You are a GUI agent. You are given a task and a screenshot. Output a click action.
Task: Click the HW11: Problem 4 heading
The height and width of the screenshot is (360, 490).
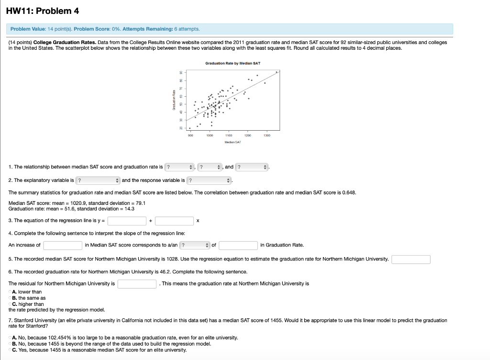[40, 11]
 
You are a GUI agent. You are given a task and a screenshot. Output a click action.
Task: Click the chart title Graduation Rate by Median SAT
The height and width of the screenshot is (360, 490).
[233, 63]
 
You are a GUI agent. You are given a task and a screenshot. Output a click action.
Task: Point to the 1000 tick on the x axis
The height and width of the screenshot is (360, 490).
[210, 135]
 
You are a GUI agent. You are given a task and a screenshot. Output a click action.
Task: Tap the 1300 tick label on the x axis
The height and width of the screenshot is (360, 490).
[267, 135]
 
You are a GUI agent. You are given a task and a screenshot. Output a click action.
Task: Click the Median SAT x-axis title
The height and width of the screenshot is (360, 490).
[233, 142]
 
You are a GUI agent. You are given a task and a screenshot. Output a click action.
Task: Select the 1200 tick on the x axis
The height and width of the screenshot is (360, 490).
[248, 135]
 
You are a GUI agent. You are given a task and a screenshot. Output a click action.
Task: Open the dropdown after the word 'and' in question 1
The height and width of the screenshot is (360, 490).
[252, 167]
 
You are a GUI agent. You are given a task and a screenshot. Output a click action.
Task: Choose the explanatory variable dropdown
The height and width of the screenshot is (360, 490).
[98, 180]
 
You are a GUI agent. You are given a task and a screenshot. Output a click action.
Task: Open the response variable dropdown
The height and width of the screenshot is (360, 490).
[209, 180]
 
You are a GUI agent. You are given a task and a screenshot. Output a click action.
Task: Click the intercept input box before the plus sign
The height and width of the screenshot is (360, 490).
[127, 221]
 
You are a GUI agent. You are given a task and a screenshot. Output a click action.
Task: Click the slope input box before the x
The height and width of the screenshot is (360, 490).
[174, 221]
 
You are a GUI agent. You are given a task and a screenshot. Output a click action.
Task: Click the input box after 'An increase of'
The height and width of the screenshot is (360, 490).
[63, 245]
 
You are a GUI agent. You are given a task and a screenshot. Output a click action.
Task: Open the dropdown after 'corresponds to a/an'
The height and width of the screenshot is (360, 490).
[195, 245]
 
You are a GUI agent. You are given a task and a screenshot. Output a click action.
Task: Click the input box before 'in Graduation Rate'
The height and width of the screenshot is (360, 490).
[239, 245]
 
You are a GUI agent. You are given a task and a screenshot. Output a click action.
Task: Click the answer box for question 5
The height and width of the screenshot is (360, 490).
[411, 259]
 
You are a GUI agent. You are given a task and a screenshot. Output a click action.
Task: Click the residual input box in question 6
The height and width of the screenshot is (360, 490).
[138, 284]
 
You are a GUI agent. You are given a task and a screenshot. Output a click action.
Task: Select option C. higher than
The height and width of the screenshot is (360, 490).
[11, 304]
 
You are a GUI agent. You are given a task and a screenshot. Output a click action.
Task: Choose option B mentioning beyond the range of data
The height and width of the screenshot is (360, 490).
[11, 344]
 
